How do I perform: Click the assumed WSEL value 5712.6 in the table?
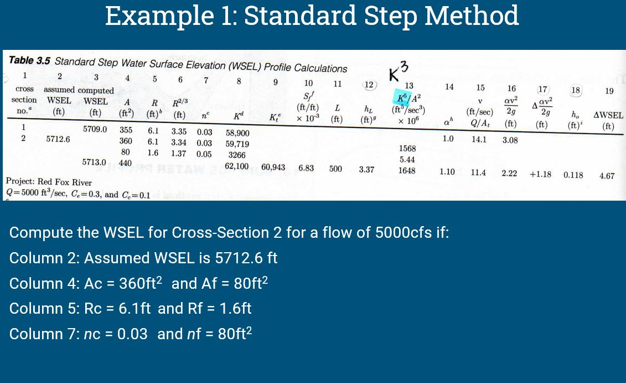(58, 139)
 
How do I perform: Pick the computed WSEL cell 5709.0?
(95, 129)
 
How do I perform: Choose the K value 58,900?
(238, 133)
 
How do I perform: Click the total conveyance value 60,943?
(273, 167)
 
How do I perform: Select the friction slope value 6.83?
(306, 167)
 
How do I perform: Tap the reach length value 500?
(335, 168)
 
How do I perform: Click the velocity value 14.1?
(479, 139)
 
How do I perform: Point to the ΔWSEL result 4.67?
(607, 176)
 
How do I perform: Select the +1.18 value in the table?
(540, 174)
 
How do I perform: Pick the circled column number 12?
(369, 85)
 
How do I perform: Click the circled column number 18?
(576, 90)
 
